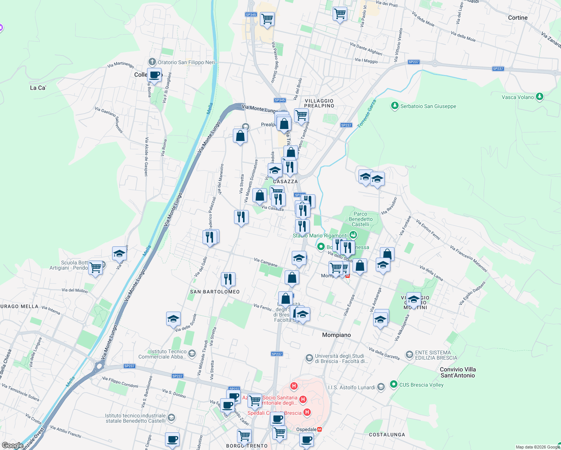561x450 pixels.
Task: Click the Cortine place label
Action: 517,18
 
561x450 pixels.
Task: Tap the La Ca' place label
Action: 38,88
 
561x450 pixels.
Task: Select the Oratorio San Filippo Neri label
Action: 186,62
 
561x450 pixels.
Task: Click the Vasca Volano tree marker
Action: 540,97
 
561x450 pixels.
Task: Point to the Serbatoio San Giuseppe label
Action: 428,106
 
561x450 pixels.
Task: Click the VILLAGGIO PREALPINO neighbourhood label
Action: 319,103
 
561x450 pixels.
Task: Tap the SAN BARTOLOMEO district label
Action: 215,292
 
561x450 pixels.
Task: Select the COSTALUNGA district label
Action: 387,435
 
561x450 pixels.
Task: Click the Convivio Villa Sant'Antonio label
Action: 457,372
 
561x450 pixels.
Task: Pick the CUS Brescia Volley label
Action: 421,385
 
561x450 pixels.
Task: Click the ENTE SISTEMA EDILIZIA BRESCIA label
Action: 436,355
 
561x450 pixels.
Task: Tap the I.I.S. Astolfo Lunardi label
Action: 351,387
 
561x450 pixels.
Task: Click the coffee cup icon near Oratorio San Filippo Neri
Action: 154,75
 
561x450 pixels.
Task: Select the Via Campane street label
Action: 266,262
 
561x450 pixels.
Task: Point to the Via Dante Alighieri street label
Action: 366,49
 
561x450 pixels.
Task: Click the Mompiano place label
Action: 336,335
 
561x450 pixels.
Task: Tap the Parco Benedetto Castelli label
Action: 360,219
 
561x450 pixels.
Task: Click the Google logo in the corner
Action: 12,445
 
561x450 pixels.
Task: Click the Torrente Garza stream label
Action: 367,114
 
